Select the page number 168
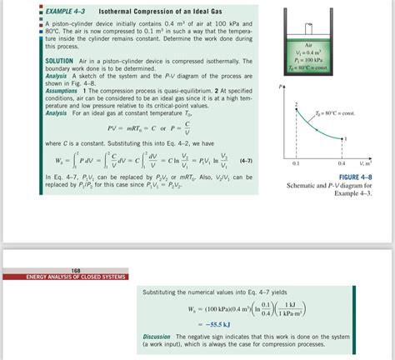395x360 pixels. coord(52,269)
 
